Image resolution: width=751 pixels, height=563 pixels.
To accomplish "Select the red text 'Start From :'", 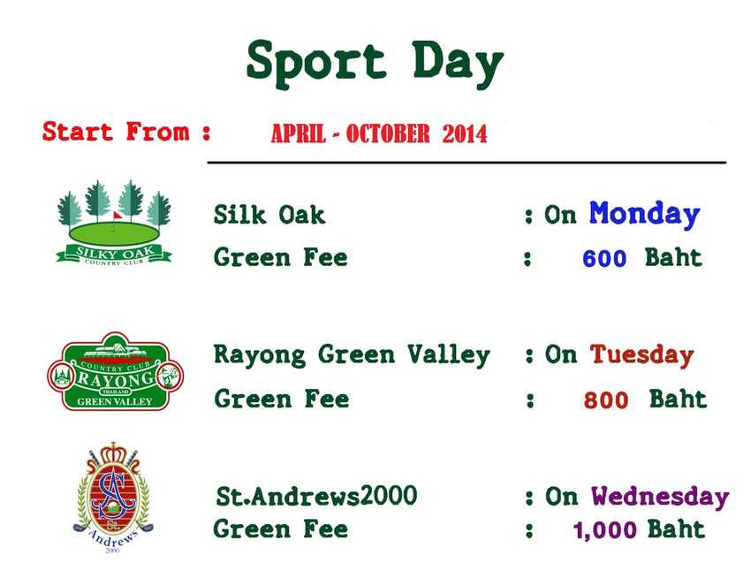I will (126, 133).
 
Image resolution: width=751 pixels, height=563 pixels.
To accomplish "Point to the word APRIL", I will (299, 134).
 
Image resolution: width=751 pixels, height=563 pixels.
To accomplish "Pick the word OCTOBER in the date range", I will (388, 134).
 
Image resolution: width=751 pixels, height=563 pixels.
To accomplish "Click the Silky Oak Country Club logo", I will (113, 222).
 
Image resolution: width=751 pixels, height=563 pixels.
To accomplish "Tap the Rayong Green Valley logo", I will (114, 372).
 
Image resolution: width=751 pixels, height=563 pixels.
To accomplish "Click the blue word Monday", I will (644, 215).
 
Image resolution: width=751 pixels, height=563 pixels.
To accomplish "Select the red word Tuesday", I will (641, 355).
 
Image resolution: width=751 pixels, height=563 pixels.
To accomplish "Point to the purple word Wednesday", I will (660, 497).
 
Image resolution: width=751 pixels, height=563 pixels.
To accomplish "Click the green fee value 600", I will (604, 260).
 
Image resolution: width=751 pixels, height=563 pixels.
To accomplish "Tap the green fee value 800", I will (606, 401).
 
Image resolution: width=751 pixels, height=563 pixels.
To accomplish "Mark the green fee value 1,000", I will (605, 531).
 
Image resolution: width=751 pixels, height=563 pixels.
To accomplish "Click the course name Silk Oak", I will (269, 215).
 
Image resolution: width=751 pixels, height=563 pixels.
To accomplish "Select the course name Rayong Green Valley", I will (352, 355).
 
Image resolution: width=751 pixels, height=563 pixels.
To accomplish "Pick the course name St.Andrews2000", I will (316, 497).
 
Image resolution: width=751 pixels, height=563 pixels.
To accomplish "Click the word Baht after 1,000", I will (676, 530).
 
